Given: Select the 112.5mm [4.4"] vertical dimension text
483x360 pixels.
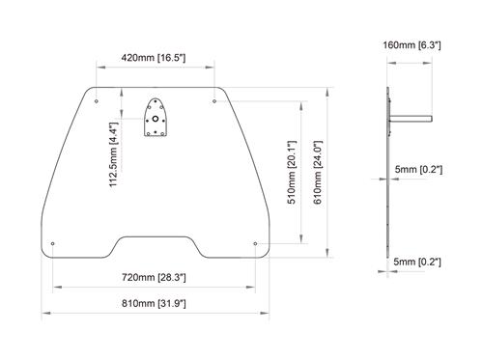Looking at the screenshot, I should (x=113, y=152).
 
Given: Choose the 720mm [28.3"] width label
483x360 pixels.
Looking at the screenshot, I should (x=154, y=277).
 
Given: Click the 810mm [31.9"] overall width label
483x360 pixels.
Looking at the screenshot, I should (x=154, y=304).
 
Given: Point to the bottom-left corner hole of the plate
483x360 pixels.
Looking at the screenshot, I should (x=53, y=243).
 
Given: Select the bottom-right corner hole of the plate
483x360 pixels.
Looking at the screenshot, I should (x=254, y=243).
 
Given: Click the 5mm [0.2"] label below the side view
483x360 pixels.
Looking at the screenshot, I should (x=419, y=262).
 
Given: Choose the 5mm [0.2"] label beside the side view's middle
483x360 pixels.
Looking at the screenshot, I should (x=419, y=171).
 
